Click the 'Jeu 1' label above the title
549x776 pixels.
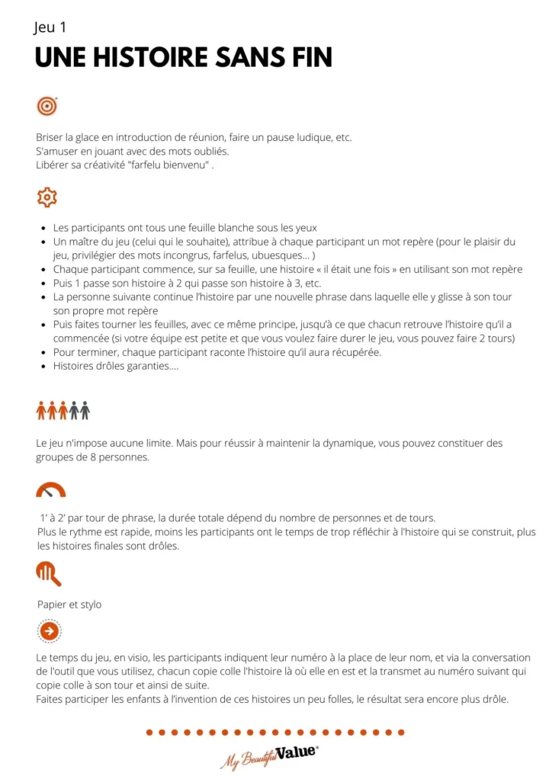coord(50,28)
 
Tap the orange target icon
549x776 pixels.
coord(47,107)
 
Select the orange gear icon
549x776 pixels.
coord(47,197)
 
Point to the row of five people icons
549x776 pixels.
coord(63,411)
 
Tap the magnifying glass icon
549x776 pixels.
coord(48,572)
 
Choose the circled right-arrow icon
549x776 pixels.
coord(49,631)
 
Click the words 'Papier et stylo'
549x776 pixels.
coord(69,604)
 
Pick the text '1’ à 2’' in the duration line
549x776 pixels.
coord(54,518)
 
